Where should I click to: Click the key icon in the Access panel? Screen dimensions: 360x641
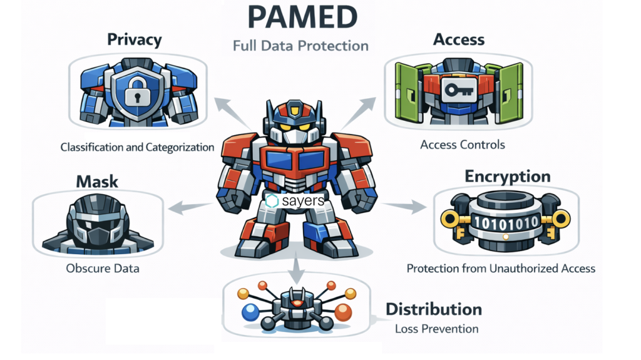(x=453, y=90)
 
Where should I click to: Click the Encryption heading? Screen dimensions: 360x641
(x=507, y=176)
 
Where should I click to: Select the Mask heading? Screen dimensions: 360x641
(x=97, y=182)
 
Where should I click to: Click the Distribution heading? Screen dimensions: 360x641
(x=433, y=309)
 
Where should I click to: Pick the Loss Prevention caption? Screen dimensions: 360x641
(x=436, y=329)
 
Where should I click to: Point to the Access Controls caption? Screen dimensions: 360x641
(x=462, y=145)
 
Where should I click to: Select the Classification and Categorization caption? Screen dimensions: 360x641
(x=137, y=148)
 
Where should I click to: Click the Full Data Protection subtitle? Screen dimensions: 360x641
(x=300, y=46)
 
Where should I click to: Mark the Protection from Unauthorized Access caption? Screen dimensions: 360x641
(x=501, y=269)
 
